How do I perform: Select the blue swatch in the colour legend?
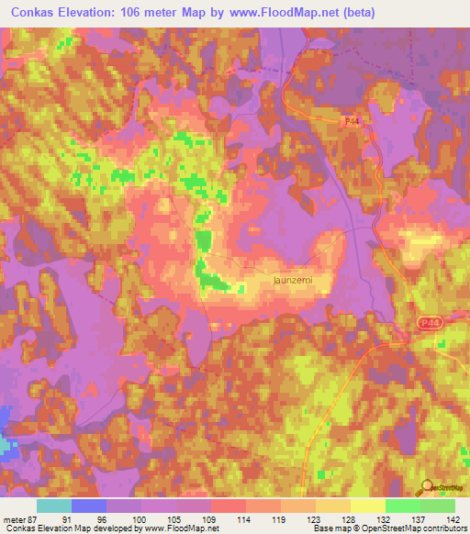(x=89, y=506)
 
